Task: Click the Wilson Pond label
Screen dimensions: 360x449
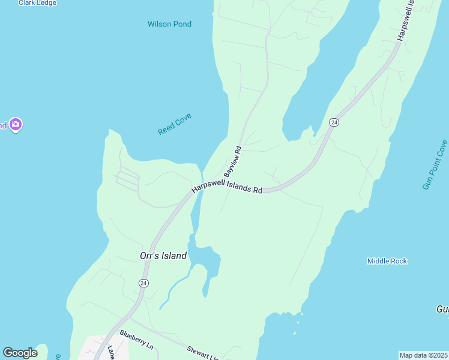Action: click(169, 24)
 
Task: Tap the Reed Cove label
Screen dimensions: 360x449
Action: click(174, 123)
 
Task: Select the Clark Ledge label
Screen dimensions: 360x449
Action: click(37, 3)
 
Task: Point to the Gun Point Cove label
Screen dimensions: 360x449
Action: click(435, 165)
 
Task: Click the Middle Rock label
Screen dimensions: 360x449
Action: click(387, 261)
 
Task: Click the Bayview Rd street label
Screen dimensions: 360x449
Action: click(232, 160)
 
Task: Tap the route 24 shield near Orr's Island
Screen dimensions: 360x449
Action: click(143, 283)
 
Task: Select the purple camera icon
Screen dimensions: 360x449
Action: click(16, 125)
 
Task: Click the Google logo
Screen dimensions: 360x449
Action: click(20, 353)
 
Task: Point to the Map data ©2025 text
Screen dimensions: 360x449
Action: click(423, 355)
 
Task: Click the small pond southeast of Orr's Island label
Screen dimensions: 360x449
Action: click(205, 260)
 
